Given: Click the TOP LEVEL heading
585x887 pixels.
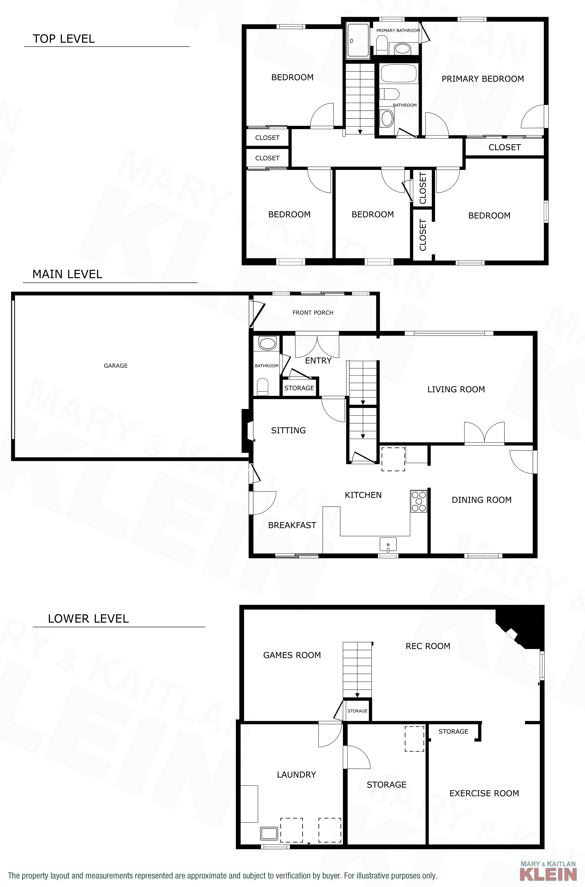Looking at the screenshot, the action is point(64,39).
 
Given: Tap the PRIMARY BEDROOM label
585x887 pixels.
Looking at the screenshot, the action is point(483,79).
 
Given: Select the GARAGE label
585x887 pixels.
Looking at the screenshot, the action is point(116,366).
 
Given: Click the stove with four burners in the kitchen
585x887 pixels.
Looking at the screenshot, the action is point(418,501).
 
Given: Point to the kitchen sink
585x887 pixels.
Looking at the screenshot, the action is point(388,545).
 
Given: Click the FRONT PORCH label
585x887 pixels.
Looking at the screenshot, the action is point(313,313).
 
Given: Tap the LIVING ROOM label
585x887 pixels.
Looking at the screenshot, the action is point(456,390).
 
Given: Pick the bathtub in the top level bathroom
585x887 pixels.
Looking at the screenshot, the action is point(399,73).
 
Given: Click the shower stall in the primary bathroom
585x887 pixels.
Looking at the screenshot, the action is point(358,40).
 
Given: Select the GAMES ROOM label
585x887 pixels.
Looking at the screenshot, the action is point(292,655).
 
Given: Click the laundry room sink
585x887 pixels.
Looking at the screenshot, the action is point(269,833).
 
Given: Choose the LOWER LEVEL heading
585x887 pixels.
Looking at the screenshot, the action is point(88,619).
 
